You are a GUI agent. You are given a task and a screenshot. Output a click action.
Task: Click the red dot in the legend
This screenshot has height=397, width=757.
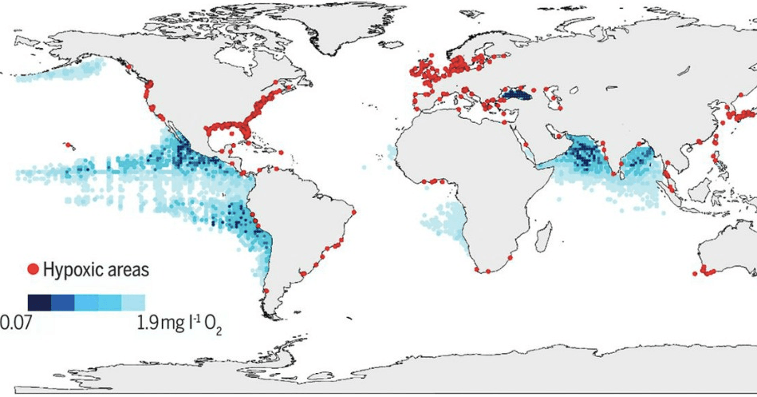coord(33,270)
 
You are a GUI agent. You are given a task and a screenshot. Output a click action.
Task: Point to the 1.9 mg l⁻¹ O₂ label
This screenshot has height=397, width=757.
coord(177,324)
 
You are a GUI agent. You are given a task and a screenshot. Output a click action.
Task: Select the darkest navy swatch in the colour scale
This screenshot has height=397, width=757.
coord(39,302)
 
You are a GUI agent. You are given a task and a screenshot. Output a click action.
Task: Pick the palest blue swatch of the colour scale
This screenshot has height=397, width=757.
coord(133,302)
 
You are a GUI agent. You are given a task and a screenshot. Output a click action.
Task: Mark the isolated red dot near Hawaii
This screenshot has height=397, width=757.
coord(69,145)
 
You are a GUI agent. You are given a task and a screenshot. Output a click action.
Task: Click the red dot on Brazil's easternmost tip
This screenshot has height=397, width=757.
coord(354,212)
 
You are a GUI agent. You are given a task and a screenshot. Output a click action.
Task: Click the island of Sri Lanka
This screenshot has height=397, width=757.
coord(618,169)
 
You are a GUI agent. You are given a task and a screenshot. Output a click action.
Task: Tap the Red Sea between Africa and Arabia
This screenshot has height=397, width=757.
coord(529,144)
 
